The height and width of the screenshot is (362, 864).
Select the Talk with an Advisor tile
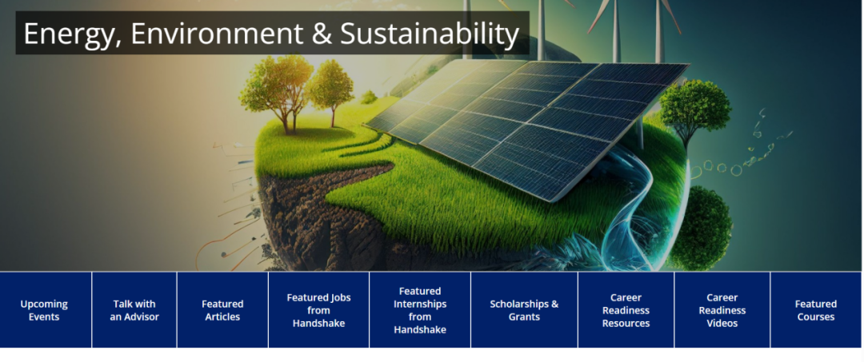(134, 310)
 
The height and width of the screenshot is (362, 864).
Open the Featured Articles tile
(222, 310)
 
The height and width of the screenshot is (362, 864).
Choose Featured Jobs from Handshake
(318, 310)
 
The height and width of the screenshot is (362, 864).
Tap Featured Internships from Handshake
(420, 310)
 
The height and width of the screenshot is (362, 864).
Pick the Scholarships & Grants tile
(524, 310)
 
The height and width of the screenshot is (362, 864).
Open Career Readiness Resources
(626, 310)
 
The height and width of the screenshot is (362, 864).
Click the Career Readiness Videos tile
(722, 310)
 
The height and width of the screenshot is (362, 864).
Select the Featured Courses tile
(816, 310)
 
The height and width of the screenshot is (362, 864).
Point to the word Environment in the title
(217, 34)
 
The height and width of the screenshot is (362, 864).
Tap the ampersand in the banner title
(321, 34)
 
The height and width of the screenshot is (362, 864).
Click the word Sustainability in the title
(430, 34)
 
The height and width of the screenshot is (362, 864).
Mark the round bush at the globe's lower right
(700, 228)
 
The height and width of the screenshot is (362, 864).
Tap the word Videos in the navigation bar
(722, 324)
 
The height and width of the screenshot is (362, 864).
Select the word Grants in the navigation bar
(524, 317)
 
